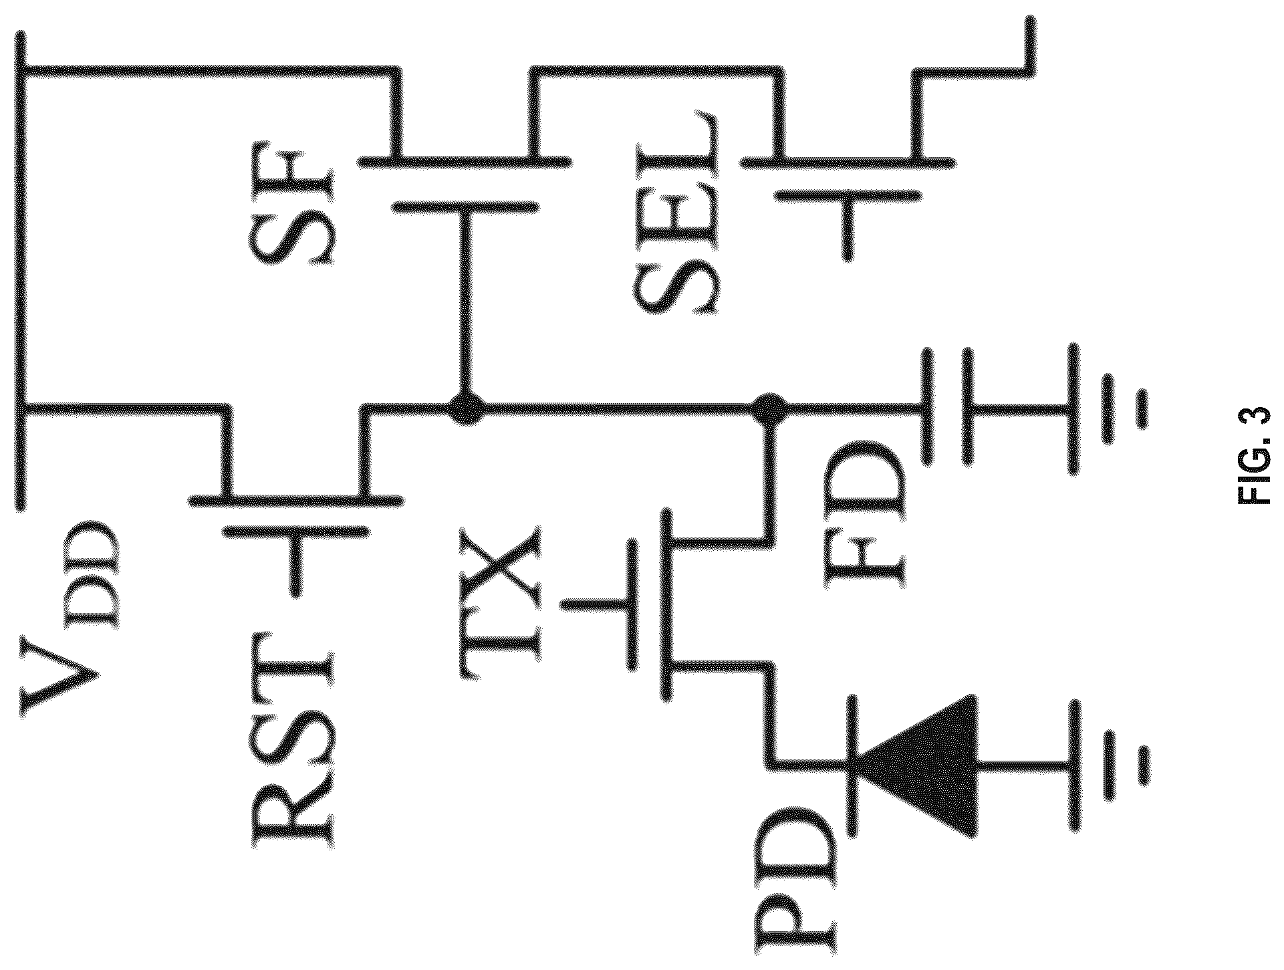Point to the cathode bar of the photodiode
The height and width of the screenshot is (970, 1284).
click(x=852, y=765)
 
